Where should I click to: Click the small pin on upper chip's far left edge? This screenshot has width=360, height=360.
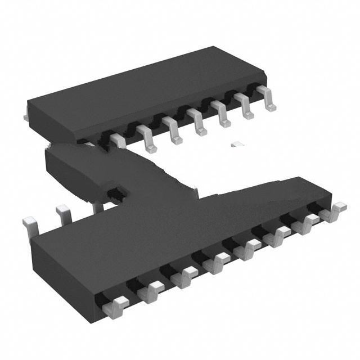point(26,116)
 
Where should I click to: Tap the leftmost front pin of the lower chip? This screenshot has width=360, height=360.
point(116,306)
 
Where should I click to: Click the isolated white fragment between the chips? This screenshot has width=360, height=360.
point(238,144)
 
